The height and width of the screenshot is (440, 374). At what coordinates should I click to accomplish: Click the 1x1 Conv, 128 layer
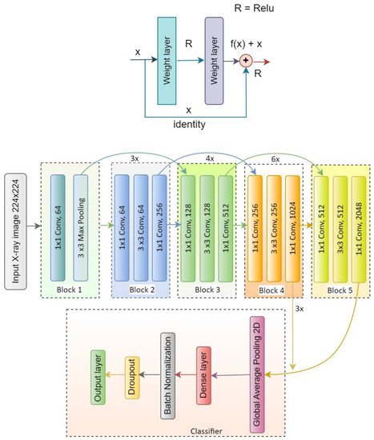190,226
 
